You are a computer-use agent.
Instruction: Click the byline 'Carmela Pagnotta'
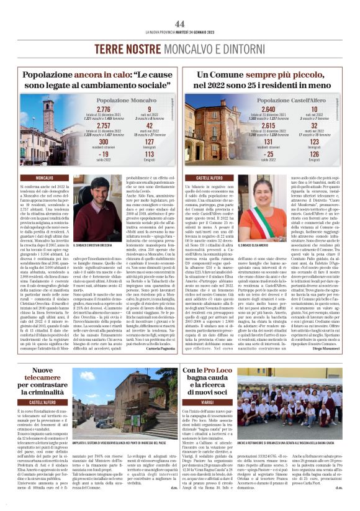click(x=159, y=350)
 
